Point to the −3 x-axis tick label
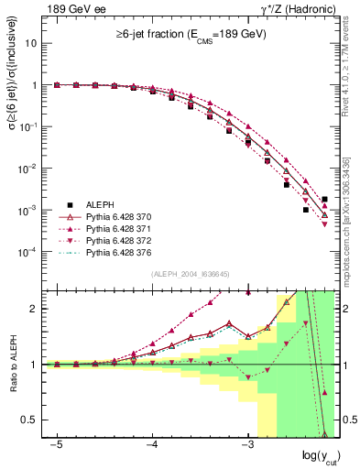pos(245,443)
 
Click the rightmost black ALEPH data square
pos(325,199)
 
